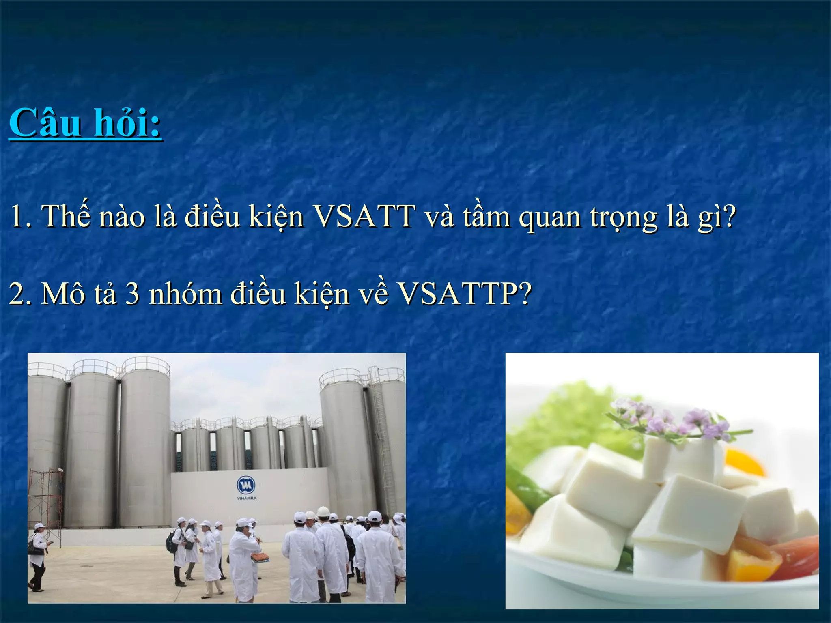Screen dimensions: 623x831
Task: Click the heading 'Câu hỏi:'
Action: coord(85,123)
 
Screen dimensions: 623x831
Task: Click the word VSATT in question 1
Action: coord(364,216)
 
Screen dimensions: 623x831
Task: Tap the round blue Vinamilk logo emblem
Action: coord(246,485)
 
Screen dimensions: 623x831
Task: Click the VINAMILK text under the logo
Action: coord(246,498)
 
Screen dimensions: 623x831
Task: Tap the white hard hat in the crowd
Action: coord(323,511)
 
